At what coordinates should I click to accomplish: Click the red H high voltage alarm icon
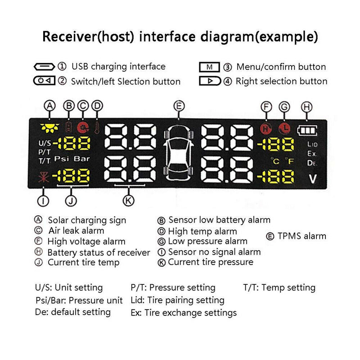coord(266,129)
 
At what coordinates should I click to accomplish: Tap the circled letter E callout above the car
coord(179,106)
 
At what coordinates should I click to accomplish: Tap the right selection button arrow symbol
coord(210,81)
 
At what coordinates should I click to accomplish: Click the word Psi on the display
coord(61,158)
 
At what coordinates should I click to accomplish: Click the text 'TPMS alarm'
coord(302,236)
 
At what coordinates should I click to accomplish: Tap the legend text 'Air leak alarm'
coord(76,230)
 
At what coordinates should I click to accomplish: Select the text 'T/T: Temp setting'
coord(279,288)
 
